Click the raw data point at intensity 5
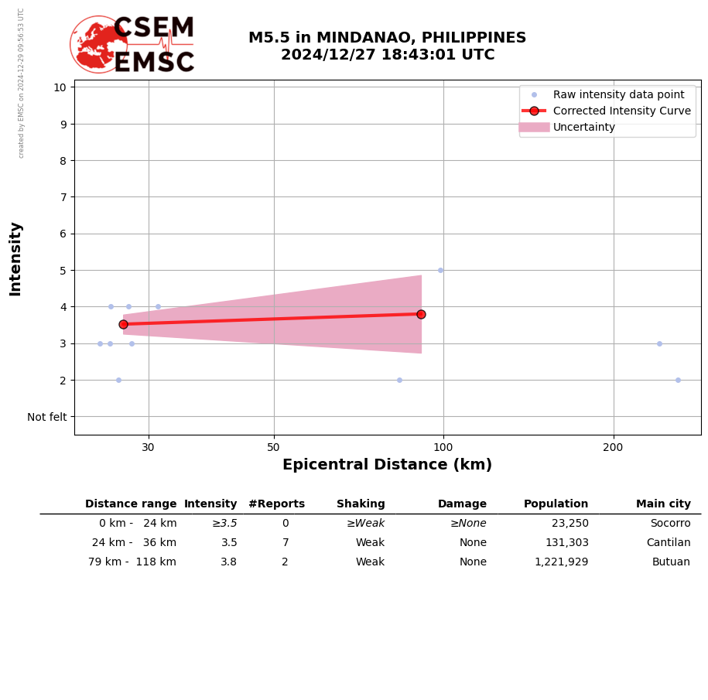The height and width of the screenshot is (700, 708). click(x=440, y=270)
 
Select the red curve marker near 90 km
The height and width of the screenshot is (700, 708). click(x=421, y=314)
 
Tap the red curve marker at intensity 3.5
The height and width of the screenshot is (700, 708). click(x=123, y=324)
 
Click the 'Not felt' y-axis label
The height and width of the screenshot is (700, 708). click(x=47, y=417)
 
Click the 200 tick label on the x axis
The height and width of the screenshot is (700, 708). click(x=613, y=447)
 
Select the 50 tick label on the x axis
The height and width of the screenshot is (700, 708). click(x=273, y=447)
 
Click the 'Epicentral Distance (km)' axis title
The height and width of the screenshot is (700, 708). click(x=387, y=465)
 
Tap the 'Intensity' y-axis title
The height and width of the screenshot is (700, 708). click(x=15, y=258)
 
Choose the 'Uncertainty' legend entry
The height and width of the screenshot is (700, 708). click(x=583, y=127)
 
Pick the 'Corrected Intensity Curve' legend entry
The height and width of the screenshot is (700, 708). click(x=621, y=111)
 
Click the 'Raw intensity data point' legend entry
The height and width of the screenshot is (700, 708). click(x=618, y=94)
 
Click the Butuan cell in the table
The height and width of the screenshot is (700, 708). click(x=672, y=562)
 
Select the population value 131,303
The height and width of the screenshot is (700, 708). click(x=566, y=543)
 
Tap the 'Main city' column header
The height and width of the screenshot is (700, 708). click(x=663, y=504)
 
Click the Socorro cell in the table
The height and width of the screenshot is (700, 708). click(x=670, y=524)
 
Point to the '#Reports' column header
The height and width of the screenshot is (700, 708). click(x=276, y=504)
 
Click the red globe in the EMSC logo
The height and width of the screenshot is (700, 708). click(x=98, y=45)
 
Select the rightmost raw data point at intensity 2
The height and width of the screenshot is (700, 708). click(x=678, y=380)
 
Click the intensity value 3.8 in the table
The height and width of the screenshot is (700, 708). click(x=228, y=562)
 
